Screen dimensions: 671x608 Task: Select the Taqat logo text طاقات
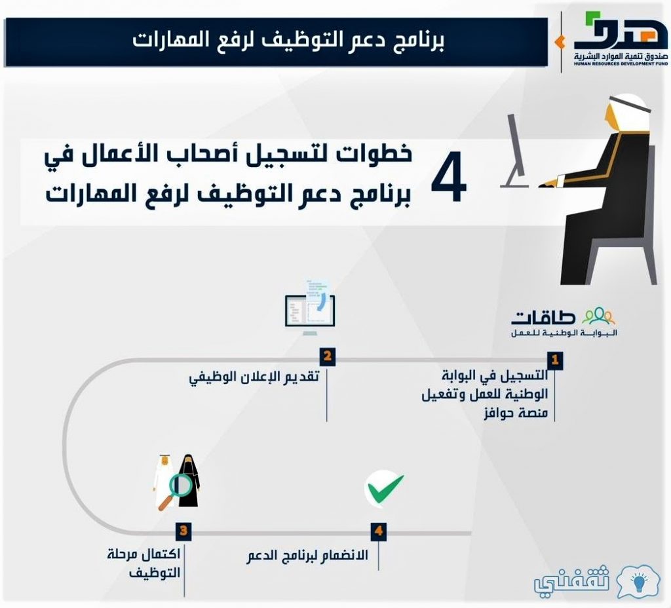[x=543, y=317]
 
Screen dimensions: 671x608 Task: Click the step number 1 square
[x=555, y=360]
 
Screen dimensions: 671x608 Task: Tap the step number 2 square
[x=328, y=356]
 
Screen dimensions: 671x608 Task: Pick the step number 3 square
[x=183, y=531]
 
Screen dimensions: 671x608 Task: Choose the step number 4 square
[x=379, y=531]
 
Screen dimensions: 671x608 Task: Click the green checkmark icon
[x=384, y=489]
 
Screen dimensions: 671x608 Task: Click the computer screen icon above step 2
[x=310, y=308]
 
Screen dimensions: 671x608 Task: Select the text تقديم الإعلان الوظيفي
[x=254, y=377]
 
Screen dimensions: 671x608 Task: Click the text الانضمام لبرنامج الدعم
[x=307, y=556]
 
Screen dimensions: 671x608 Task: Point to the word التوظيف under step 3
[x=155, y=573]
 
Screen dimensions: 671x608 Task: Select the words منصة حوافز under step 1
[x=516, y=413]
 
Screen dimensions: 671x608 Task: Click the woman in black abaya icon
[x=188, y=481]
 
